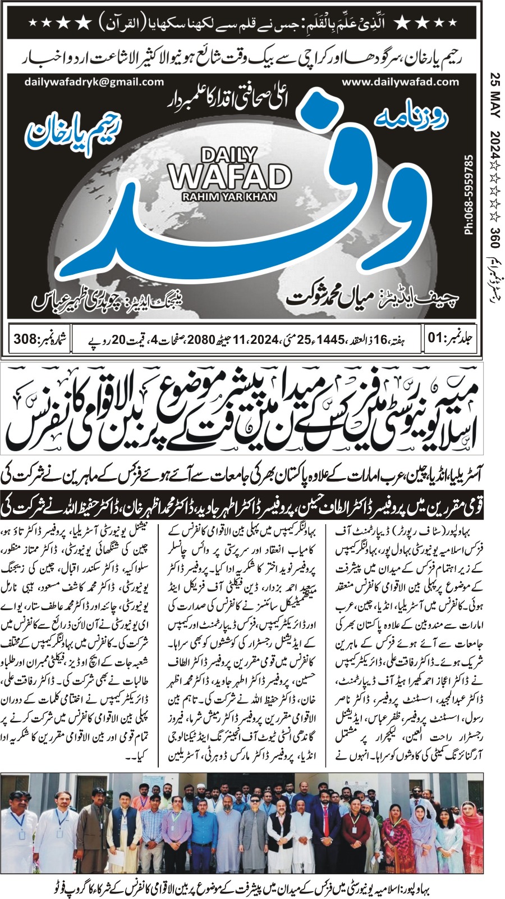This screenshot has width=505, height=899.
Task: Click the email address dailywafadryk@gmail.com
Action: click(94, 81)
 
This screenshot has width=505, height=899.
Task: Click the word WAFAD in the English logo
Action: click(230, 176)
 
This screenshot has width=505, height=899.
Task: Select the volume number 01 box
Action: click(449, 339)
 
